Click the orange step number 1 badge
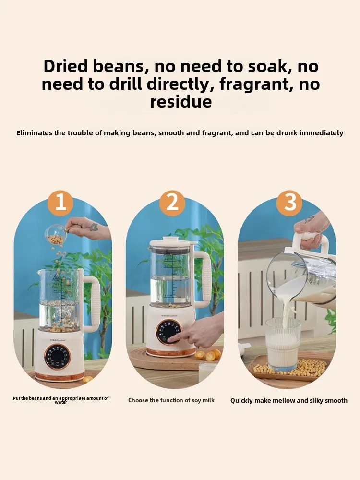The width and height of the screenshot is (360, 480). point(60,203)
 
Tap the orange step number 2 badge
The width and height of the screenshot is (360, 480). point(172,203)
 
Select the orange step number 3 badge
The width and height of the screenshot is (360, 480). point(290,203)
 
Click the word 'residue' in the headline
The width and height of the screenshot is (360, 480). point(180,102)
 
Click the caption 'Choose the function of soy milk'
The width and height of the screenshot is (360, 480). point(171,400)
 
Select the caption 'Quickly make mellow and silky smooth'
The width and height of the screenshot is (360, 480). point(288,400)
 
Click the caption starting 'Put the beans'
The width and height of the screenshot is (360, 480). point(60,400)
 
